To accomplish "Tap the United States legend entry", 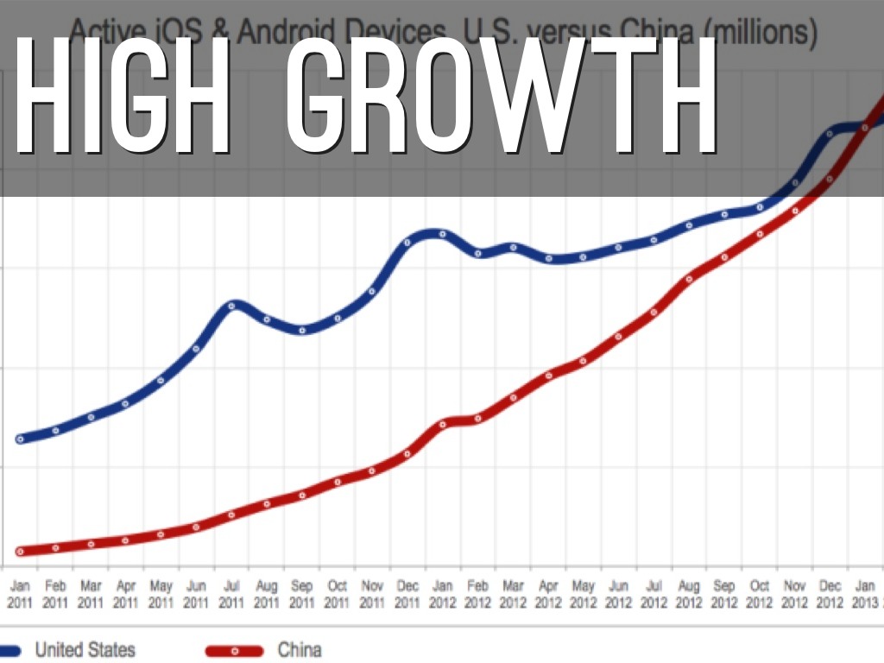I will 85,649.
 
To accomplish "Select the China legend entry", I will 299,649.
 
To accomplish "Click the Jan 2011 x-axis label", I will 19,594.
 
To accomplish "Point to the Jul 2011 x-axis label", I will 231,594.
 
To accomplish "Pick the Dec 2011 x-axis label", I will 407,594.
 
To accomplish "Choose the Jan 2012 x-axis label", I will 443,594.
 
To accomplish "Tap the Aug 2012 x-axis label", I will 689,594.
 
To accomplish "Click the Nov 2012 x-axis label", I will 795,594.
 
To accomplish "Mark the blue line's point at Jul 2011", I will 231,306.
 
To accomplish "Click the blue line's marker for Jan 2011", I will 20,439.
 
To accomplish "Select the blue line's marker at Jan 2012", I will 443,234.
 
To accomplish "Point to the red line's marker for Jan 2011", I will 20,551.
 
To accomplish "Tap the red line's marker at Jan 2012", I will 443,424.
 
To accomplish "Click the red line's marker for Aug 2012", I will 689,279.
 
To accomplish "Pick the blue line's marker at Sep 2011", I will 302,329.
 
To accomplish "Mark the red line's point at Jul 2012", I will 654,313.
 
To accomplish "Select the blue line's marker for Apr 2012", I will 548,257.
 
